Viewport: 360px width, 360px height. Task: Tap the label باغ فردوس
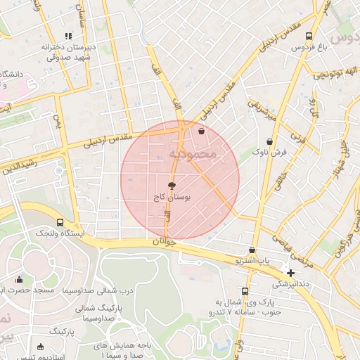tap(310, 49)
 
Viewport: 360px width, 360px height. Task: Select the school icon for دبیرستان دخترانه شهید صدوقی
tap(68, 36)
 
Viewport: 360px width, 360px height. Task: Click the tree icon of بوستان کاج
tap(172, 186)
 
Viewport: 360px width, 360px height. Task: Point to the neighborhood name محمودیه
tap(194, 153)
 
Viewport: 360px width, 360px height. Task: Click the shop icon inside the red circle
tap(202, 130)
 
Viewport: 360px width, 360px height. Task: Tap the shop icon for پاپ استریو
tap(252, 250)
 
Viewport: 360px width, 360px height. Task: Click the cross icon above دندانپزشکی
tap(290, 272)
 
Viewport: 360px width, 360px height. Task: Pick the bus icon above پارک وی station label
tap(245, 291)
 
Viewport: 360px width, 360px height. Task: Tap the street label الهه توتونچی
tap(337, 72)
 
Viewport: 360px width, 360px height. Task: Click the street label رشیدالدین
tap(15, 167)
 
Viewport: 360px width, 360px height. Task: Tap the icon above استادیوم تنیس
tap(40, 346)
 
